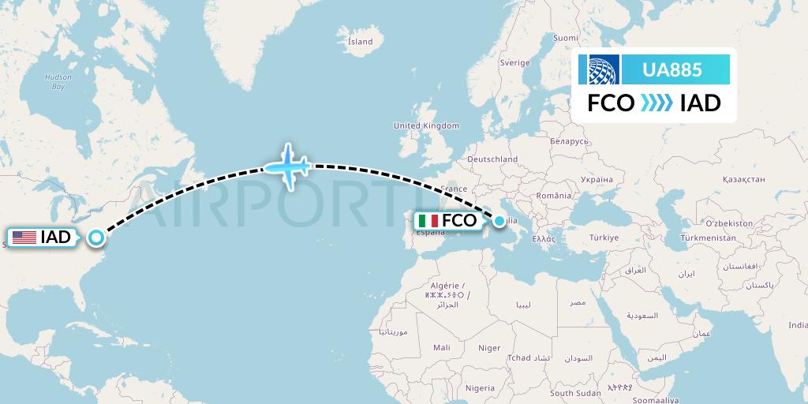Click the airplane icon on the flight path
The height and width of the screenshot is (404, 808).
coord(288,166)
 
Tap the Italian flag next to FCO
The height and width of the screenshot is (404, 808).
coord(429,221)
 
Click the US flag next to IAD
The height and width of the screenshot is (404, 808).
coord(24,237)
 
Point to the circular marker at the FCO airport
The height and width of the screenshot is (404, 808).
coord(499,221)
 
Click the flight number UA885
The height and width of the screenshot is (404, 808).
coord(672,69)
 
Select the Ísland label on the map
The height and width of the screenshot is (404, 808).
coord(360,41)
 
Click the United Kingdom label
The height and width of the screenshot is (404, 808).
coord(426,125)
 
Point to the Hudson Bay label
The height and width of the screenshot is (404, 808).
coord(58,81)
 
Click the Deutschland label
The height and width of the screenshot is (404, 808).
coord(492,159)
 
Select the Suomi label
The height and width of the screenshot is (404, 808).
coord(565,38)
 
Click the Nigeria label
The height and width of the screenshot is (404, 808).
coord(480,387)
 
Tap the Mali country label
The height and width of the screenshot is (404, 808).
coord(441,346)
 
